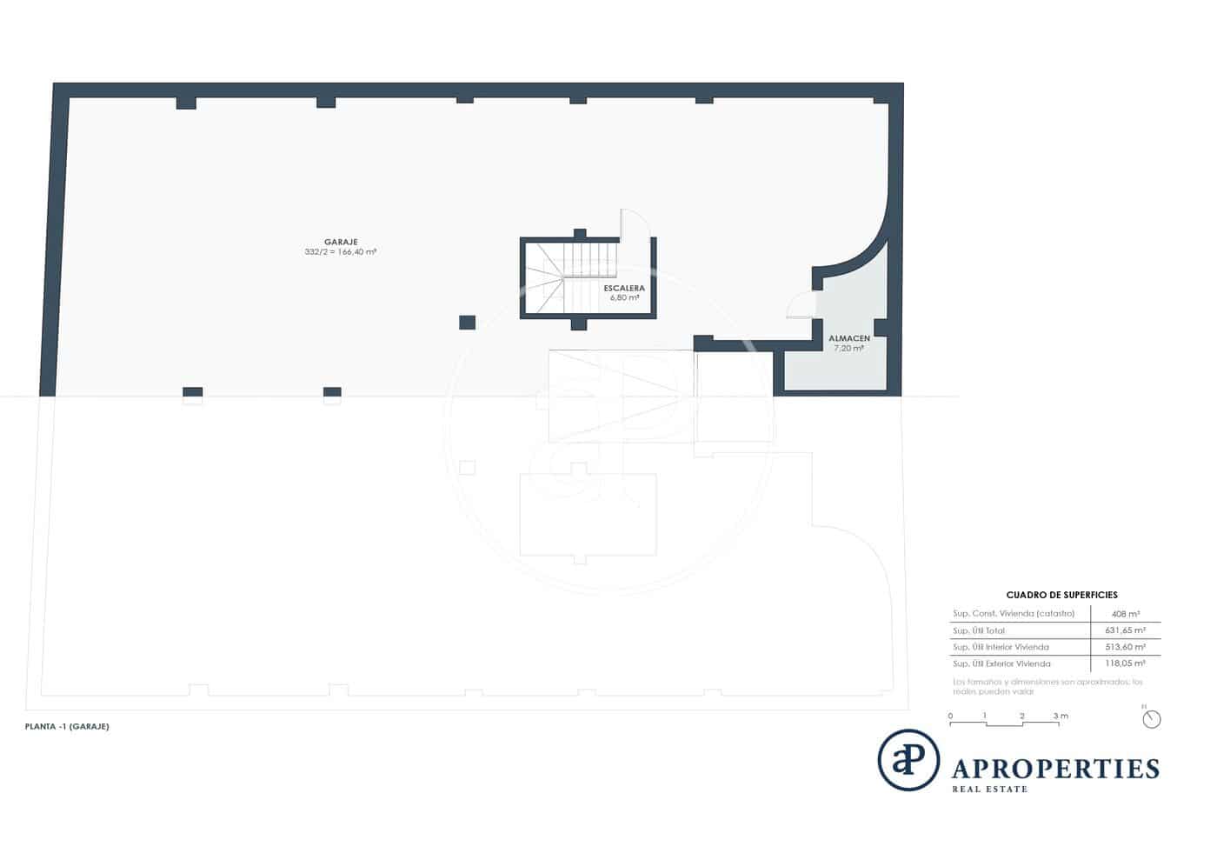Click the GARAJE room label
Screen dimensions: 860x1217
[x=341, y=242]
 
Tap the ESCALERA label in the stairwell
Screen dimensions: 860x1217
[x=624, y=288]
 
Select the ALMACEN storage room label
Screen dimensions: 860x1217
[x=848, y=338]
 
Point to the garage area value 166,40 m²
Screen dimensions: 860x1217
[x=356, y=252]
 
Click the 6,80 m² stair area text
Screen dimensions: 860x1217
[x=624, y=297]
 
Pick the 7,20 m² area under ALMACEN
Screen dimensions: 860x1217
[x=848, y=348]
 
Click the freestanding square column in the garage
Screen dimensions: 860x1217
[x=467, y=323]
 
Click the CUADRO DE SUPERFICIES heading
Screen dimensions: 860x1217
[x=1061, y=596]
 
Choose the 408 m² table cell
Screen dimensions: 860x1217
[x=1125, y=614]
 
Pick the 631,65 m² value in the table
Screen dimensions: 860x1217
[x=1125, y=630]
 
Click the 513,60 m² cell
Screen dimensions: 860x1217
[x=1125, y=647]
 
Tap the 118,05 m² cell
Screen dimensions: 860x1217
[x=1125, y=663]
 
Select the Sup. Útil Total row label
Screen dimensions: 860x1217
[x=978, y=630]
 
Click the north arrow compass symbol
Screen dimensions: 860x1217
[x=1152, y=718]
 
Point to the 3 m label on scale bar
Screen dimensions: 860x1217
[x=1060, y=717]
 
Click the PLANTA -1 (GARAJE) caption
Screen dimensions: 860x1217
[x=67, y=726]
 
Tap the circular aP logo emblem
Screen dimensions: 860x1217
[x=908, y=760]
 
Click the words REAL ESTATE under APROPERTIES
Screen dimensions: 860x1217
[x=990, y=790]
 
